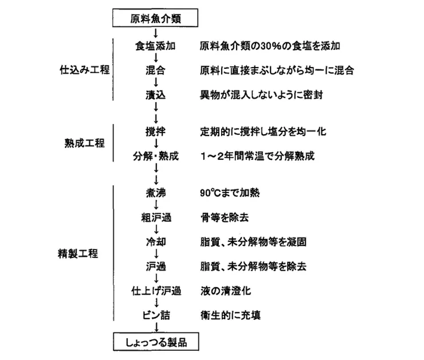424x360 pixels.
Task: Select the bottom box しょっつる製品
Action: click(156, 343)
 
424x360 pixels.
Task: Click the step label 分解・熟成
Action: click(155, 156)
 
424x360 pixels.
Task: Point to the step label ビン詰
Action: click(155, 315)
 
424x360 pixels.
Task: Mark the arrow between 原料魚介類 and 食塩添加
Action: click(156, 33)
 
